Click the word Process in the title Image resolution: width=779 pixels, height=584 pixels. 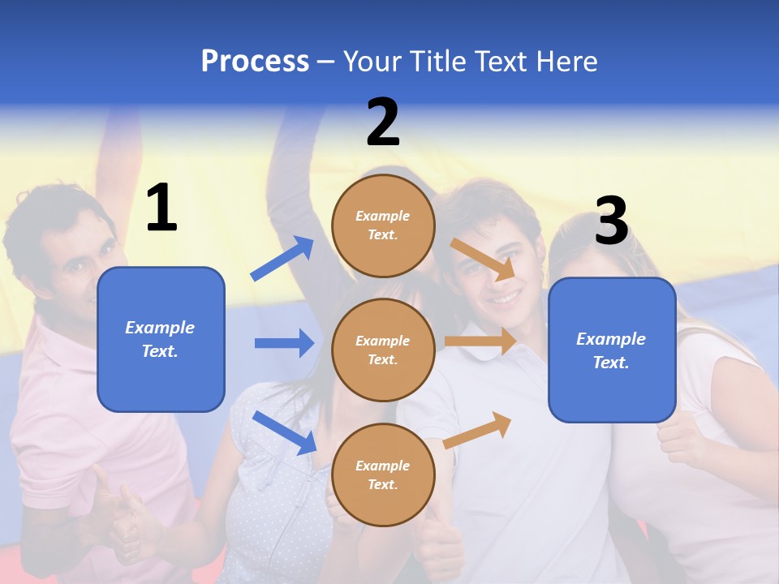[255, 62]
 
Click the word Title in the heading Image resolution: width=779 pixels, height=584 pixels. [439, 62]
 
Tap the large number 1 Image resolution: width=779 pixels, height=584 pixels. [161, 208]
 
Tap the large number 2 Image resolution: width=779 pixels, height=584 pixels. [383, 122]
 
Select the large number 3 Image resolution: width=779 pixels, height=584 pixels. [611, 221]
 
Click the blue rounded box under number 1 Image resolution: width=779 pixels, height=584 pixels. [161, 339]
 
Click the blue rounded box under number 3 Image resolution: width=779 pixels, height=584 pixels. [612, 350]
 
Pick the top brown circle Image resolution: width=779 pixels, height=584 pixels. [383, 226]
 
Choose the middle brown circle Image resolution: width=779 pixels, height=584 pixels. [383, 350]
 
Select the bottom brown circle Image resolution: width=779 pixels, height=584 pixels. [383, 475]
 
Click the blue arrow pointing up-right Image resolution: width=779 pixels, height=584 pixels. [282, 259]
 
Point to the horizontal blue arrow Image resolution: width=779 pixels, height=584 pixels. [284, 343]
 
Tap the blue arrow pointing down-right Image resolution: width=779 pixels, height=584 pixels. [284, 432]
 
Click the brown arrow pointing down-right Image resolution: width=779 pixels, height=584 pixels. [484, 259]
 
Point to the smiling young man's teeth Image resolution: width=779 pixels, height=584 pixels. [506, 298]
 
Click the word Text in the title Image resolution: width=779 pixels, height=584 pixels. [501, 62]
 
